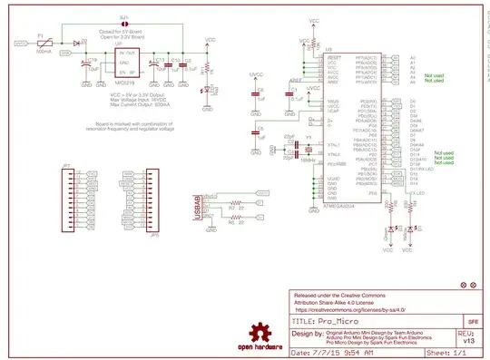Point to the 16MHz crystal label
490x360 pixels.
pyautogui.click(x=308, y=160)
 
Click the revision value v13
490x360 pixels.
pyautogui.click(x=467, y=341)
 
